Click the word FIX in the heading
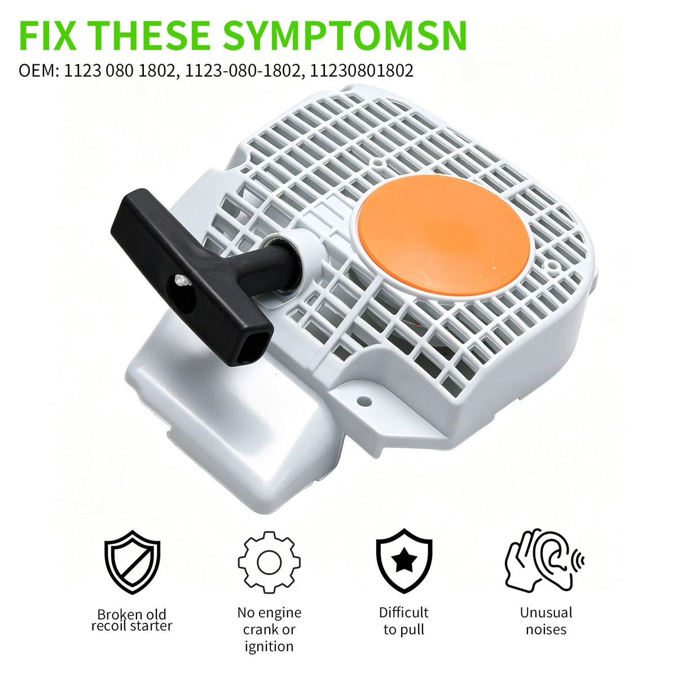48,36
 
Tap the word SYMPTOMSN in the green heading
345,36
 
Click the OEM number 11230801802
362,71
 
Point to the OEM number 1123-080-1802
242,71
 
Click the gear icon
269,562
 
